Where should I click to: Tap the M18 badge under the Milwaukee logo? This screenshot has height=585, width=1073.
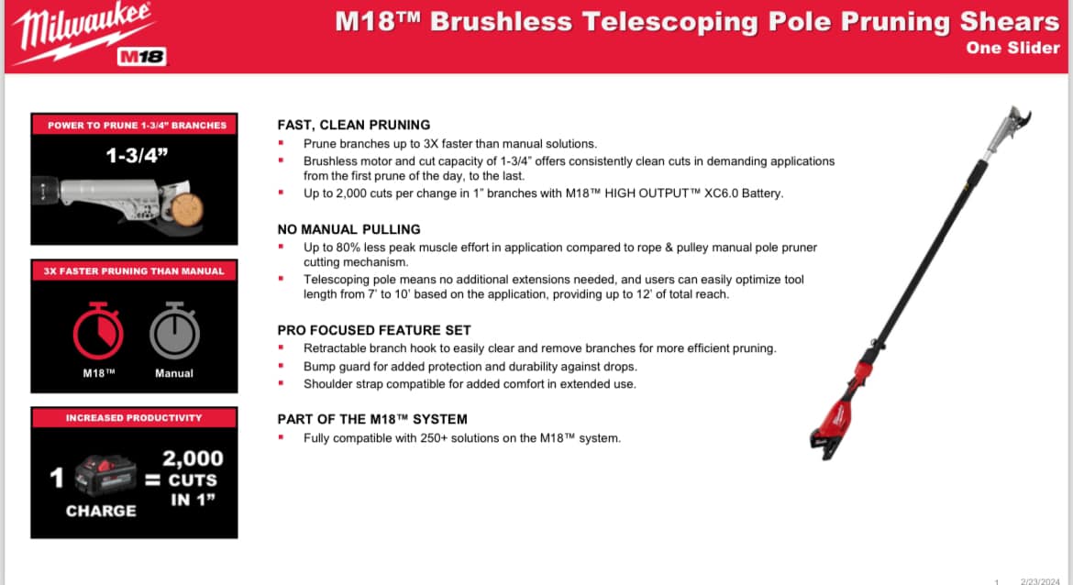[141, 57]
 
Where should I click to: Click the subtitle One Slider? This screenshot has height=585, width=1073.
[1012, 48]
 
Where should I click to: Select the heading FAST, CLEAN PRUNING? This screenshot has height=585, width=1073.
[354, 125]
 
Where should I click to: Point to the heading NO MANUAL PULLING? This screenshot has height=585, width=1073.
[349, 229]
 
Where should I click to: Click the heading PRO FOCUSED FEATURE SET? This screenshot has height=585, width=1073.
[374, 330]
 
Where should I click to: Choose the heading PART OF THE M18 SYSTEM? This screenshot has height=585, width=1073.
[372, 419]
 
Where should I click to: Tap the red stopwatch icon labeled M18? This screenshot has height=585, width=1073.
[98, 331]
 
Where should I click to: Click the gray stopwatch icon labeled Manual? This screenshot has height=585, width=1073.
[174, 331]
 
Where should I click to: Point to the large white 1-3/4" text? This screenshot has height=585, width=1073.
[137, 156]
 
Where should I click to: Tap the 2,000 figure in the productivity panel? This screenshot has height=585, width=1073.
[193, 458]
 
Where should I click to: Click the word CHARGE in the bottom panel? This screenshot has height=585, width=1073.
[101, 511]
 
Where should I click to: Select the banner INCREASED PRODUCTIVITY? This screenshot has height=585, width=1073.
[134, 417]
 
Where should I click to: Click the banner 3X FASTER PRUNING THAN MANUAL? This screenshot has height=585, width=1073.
[134, 270]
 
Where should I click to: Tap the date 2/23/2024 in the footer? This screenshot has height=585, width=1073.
[1039, 581]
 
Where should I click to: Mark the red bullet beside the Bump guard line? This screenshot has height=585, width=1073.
[281, 366]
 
